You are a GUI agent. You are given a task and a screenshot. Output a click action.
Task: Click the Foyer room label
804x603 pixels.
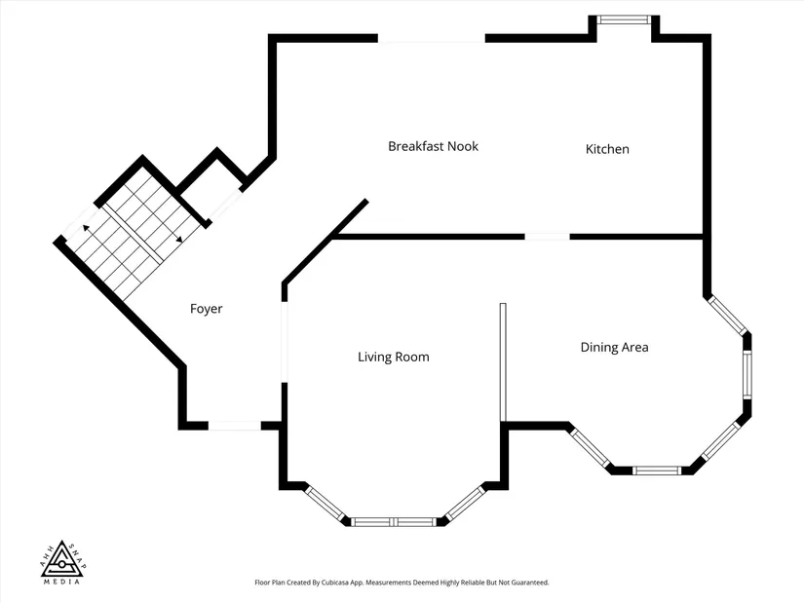(x=207, y=309)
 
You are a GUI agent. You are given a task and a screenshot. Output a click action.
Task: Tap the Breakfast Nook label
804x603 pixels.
(x=433, y=146)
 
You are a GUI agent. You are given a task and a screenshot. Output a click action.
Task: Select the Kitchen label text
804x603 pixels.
(x=607, y=149)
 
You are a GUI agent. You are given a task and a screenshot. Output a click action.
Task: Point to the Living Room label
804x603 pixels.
(x=394, y=357)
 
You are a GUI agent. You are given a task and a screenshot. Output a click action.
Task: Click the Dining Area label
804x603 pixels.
(x=614, y=347)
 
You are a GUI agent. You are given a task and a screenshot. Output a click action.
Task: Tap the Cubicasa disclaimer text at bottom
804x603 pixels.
(x=402, y=583)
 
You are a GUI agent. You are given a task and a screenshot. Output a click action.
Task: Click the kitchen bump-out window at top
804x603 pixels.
(x=624, y=20)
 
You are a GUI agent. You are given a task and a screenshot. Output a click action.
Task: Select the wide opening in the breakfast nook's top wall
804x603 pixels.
(x=431, y=38)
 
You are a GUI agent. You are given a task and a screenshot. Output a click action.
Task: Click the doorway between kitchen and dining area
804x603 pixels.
(x=547, y=237)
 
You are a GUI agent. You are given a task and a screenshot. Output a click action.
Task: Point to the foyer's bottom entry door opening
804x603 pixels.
(x=234, y=426)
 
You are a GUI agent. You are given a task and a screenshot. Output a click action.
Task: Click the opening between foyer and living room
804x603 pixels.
(x=285, y=342)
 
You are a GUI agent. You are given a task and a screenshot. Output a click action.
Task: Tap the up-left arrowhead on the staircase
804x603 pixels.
(x=86, y=228)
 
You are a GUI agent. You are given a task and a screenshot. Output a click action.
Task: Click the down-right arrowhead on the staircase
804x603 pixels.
(x=179, y=239)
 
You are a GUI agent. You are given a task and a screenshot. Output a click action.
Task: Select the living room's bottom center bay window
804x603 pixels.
(x=394, y=522)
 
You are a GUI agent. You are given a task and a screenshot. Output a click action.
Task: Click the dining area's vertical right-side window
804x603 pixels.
(x=747, y=375)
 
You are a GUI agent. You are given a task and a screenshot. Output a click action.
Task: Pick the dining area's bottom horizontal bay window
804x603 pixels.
(x=657, y=471)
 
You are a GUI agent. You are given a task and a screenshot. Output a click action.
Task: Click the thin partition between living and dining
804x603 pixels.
(x=503, y=362)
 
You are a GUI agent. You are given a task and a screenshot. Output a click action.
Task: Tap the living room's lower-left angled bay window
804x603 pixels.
(x=325, y=504)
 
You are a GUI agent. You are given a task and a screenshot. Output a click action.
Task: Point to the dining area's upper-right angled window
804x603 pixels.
(x=727, y=316)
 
